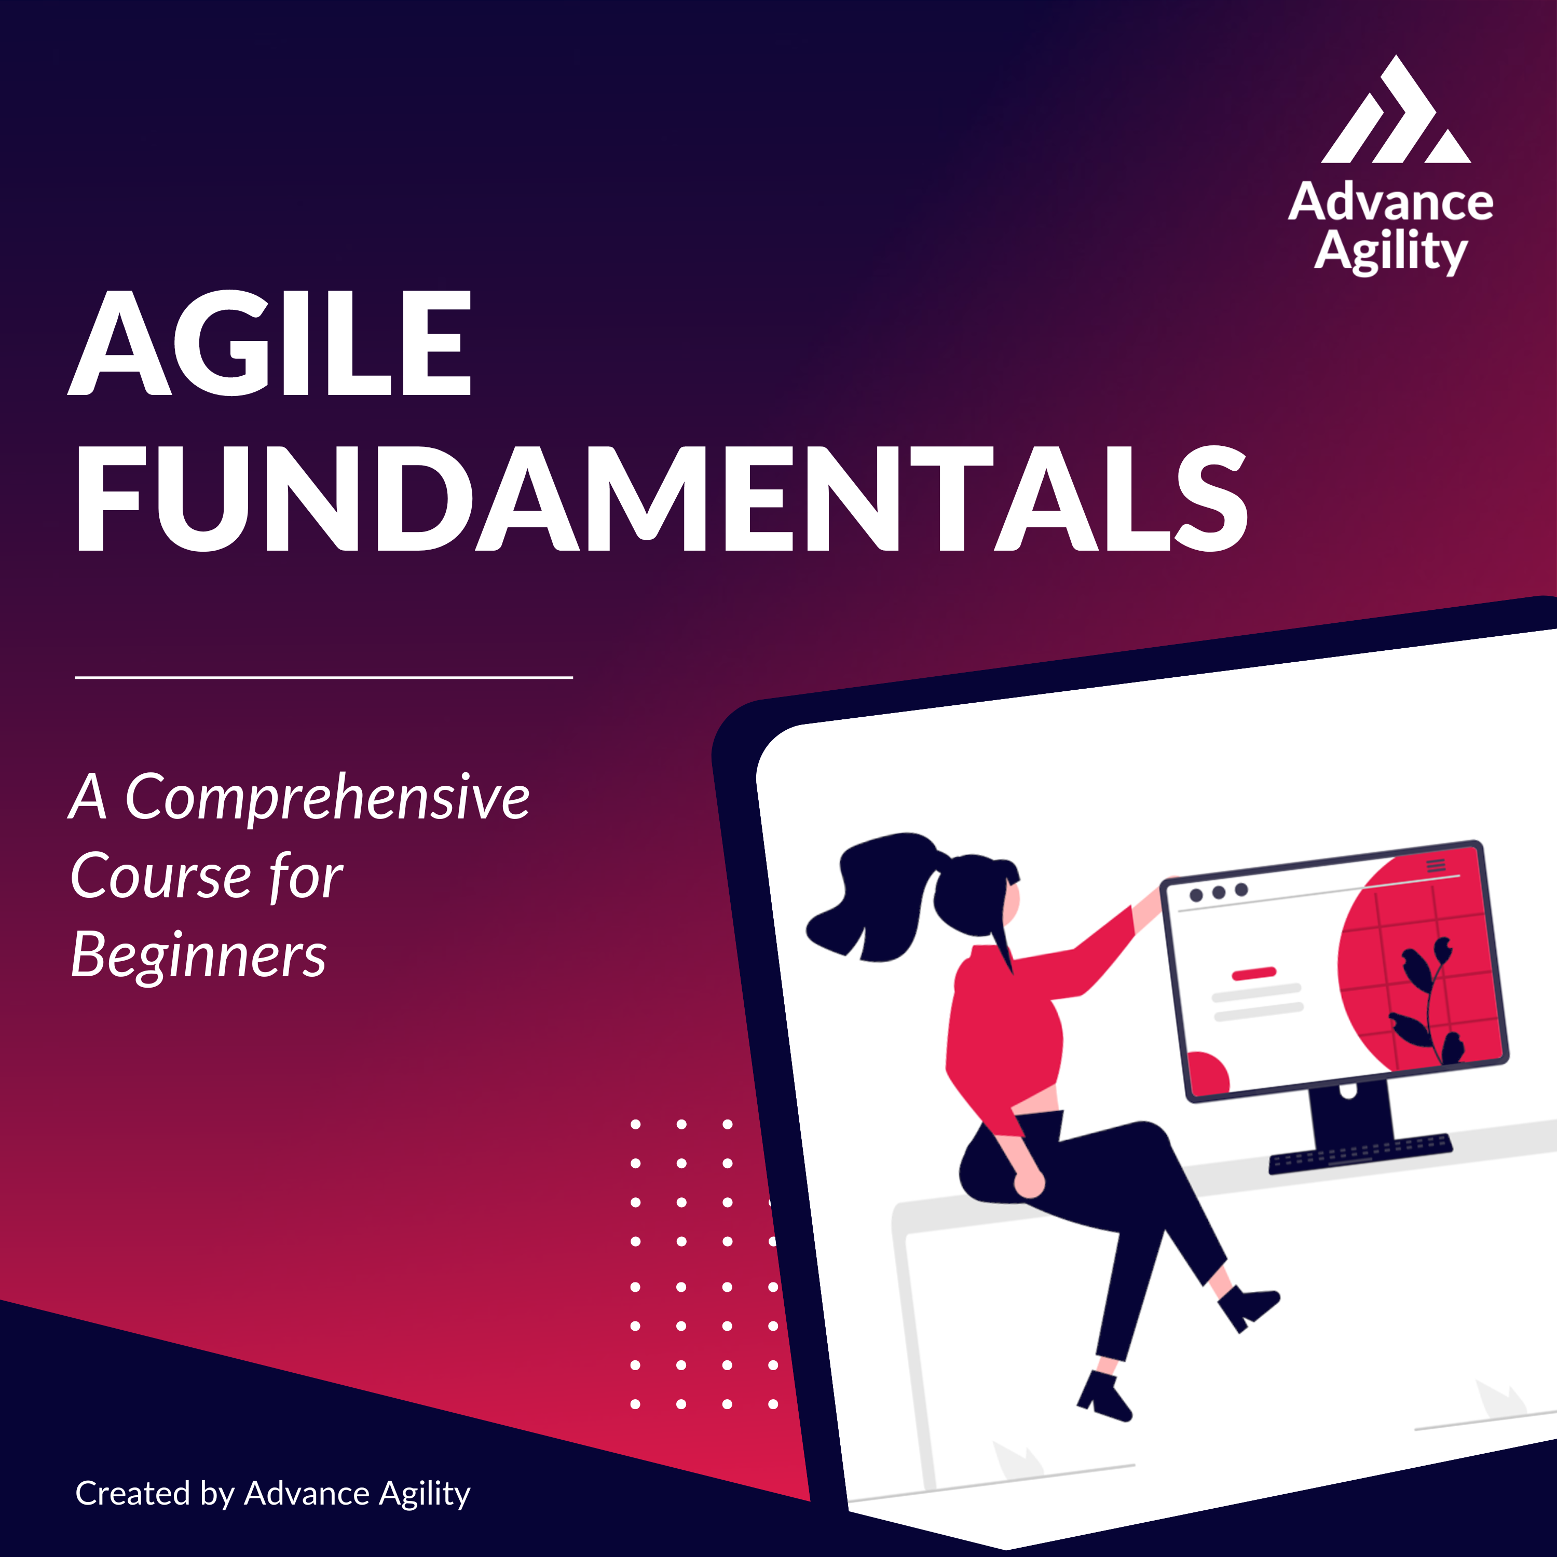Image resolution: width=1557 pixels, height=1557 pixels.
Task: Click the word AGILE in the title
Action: [269, 343]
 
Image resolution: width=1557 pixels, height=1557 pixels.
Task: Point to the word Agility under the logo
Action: [1391, 251]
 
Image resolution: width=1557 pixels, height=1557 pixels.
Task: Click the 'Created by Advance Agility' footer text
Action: [272, 1493]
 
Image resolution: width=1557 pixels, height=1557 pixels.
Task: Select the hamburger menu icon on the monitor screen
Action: [1436, 866]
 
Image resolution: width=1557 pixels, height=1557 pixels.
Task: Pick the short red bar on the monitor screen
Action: [1254, 973]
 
